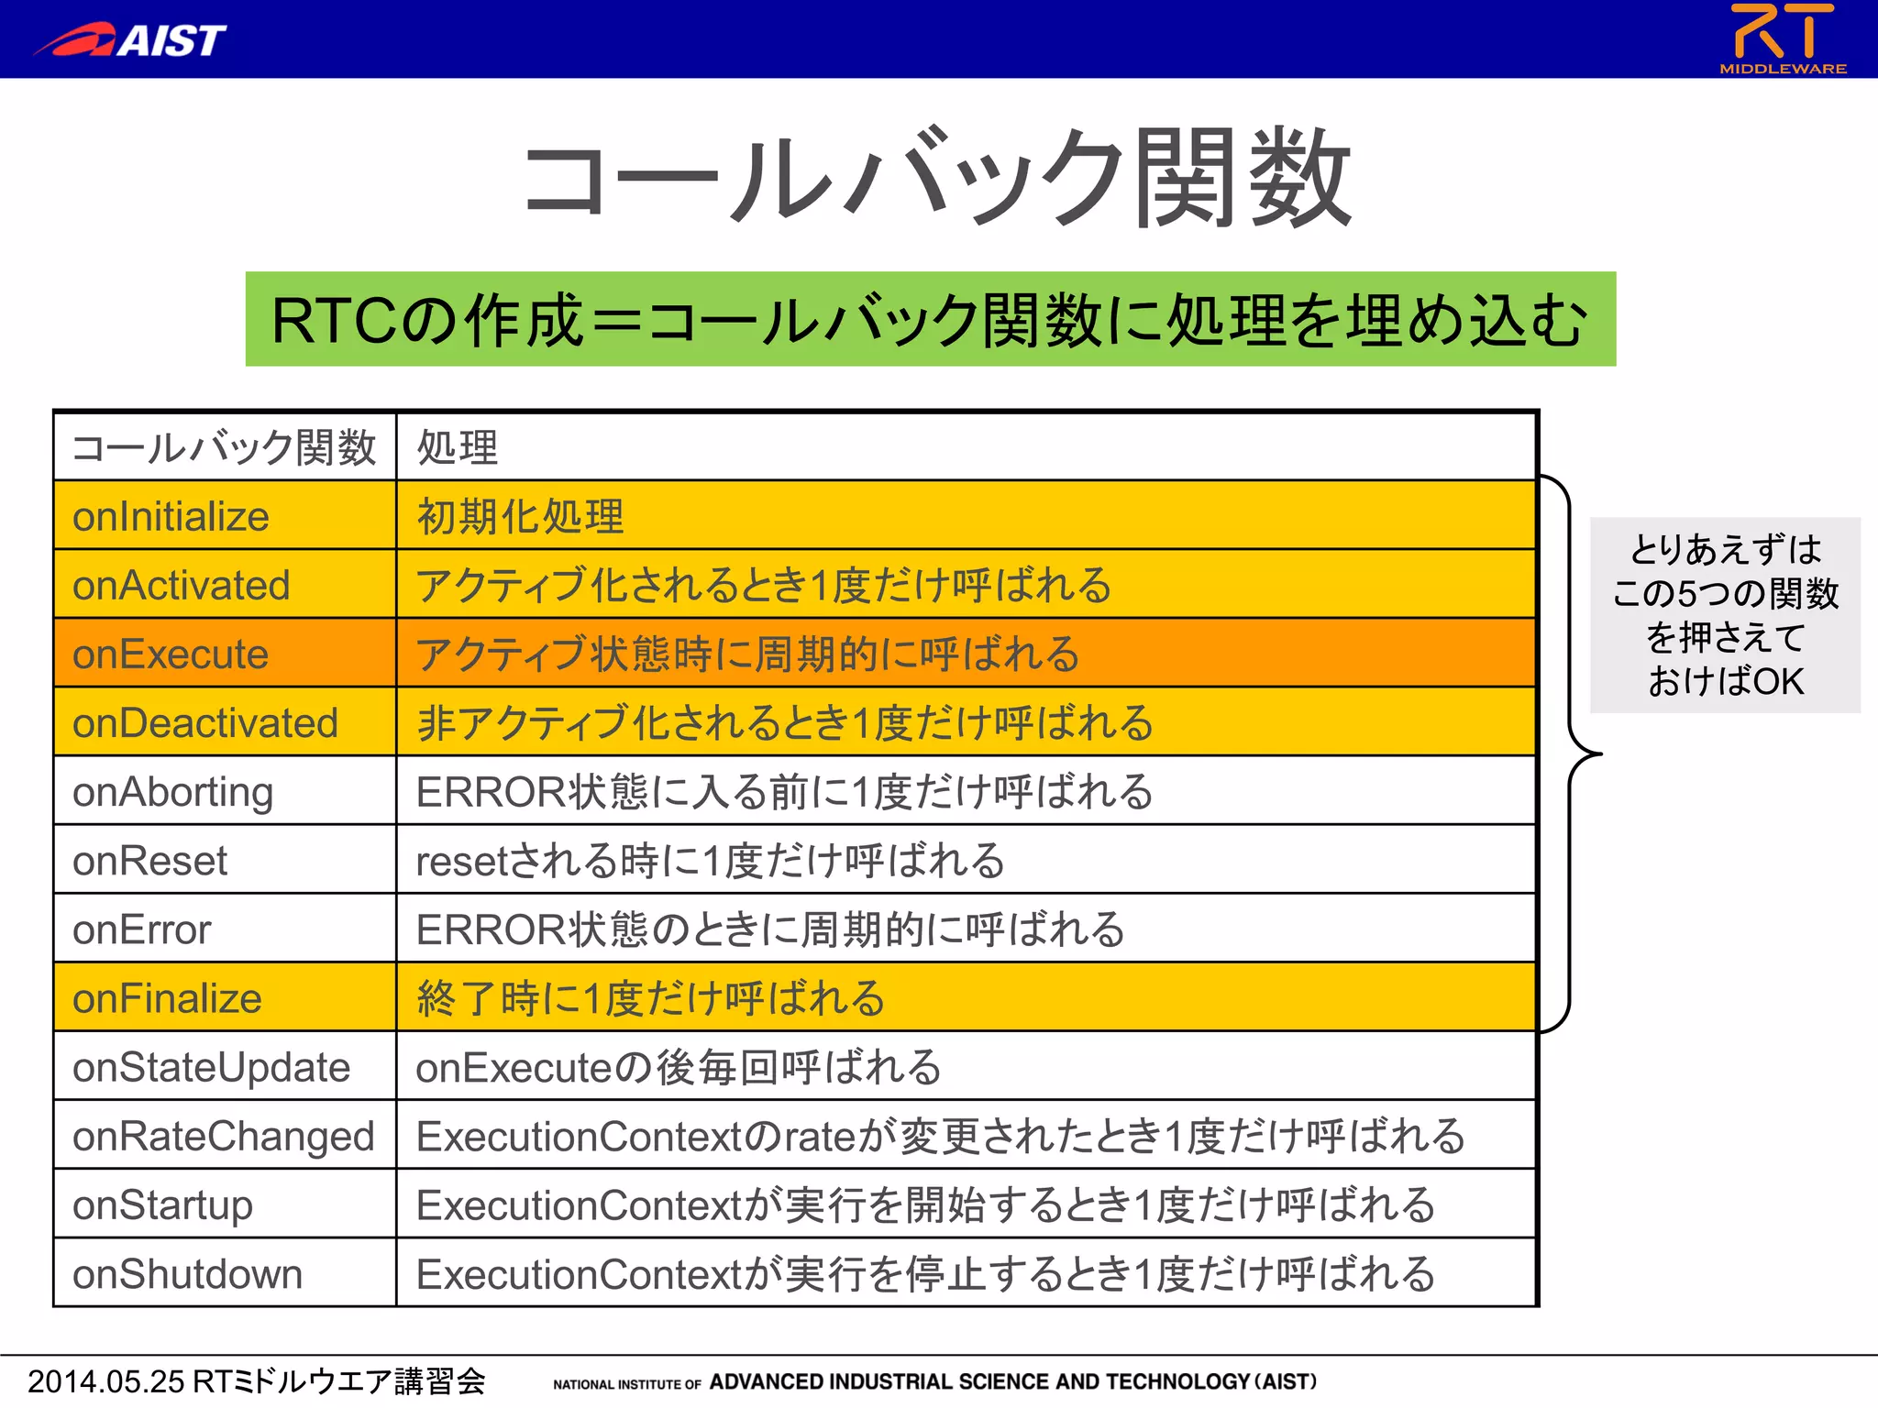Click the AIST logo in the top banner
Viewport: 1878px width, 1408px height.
click(131, 40)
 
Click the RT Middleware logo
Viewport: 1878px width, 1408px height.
click(1783, 38)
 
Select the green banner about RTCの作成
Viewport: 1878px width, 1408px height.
click(930, 319)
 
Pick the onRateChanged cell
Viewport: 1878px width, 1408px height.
click(224, 1136)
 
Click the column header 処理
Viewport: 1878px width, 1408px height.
click(458, 447)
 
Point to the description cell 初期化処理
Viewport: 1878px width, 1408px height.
click(520, 516)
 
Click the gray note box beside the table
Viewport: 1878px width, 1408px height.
click(1725, 615)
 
